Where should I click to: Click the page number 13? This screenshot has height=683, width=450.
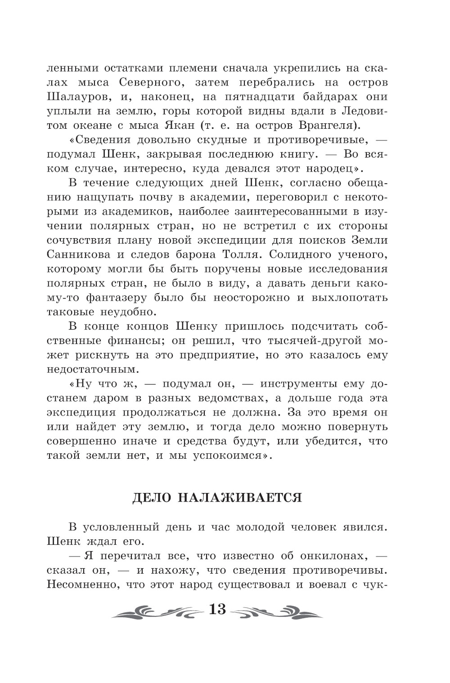(x=217, y=610)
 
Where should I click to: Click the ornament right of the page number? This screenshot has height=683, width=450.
(x=275, y=611)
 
